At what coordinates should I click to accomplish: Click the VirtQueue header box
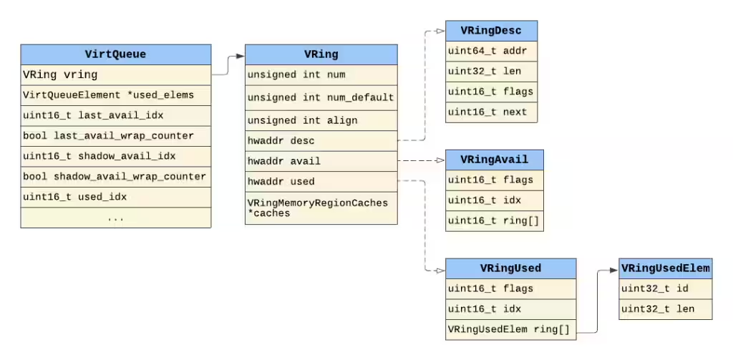[115, 54]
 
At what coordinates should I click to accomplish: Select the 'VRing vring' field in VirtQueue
[115, 75]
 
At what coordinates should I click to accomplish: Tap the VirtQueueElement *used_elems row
[115, 95]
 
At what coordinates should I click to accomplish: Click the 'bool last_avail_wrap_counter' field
[115, 136]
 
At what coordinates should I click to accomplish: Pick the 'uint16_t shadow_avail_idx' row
[115, 156]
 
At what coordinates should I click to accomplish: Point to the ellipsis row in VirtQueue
[115, 218]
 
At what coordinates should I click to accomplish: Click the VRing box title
[321, 54]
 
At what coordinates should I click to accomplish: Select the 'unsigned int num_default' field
[321, 98]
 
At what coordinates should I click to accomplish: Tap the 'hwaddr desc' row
[321, 141]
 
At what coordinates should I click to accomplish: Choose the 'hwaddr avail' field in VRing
[321, 161]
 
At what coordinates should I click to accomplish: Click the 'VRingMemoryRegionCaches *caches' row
[321, 208]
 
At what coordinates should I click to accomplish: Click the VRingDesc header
[491, 31]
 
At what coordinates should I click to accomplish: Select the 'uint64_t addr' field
[491, 51]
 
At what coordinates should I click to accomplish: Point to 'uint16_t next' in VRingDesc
[491, 112]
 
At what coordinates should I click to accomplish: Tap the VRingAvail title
[495, 160]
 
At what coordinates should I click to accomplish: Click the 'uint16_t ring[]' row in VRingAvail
[495, 220]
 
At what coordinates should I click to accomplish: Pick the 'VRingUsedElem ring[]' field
[510, 330]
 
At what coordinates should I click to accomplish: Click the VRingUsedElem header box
[666, 268]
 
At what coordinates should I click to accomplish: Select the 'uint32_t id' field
[666, 289]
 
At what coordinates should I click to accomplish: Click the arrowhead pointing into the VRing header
[241, 56]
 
